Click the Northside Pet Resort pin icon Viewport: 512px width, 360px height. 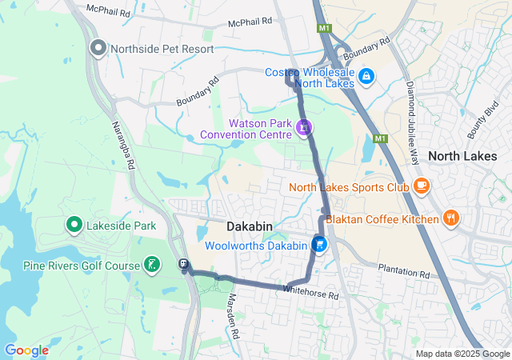(x=98, y=49)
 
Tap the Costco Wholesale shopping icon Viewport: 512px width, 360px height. (x=366, y=76)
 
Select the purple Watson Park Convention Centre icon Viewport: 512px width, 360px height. (x=304, y=126)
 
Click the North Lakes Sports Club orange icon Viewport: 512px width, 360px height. (x=421, y=187)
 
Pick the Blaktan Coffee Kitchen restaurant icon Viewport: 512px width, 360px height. (x=452, y=218)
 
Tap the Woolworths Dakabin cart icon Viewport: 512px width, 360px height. (x=320, y=245)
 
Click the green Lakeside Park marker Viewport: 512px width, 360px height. (x=74, y=226)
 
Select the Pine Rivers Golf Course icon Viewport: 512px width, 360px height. (x=152, y=265)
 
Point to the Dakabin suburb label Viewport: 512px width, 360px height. (x=250, y=227)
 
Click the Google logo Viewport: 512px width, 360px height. (x=26, y=350)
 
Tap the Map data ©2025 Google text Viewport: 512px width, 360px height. (x=462, y=354)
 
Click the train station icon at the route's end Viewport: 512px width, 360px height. (x=183, y=264)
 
